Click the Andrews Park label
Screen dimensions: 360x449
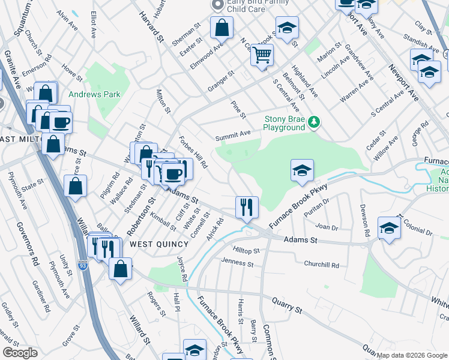(x=94, y=94)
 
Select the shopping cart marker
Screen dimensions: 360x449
(x=262, y=55)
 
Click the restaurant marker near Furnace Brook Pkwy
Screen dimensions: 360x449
(x=247, y=208)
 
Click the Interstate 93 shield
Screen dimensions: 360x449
(x=83, y=264)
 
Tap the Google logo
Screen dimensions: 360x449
(x=20, y=353)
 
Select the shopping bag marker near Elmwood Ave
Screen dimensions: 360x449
(x=221, y=28)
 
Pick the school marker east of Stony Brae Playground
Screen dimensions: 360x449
(x=302, y=171)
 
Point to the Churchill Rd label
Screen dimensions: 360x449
(x=321, y=265)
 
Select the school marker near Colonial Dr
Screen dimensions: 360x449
(x=389, y=229)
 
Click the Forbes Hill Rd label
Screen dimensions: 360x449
(x=193, y=152)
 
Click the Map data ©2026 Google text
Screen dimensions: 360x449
(x=412, y=355)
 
